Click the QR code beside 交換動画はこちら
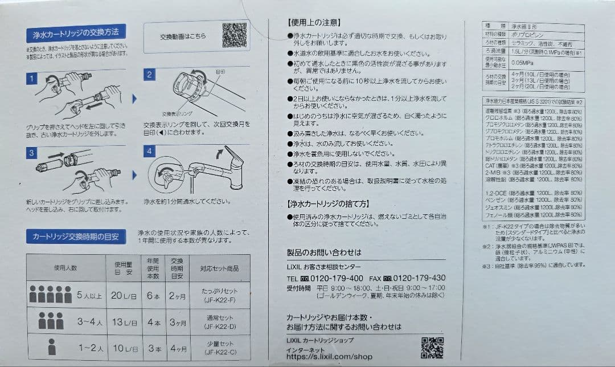[x=234, y=35]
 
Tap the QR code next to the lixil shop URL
[x=432, y=348]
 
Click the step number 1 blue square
[x=32, y=79]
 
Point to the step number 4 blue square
[x=150, y=151]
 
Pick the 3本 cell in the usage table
[x=153, y=348]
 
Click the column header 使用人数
[x=65, y=267]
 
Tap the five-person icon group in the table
[x=50, y=295]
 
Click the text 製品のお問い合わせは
[x=324, y=252]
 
